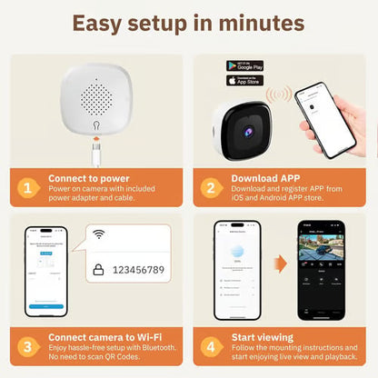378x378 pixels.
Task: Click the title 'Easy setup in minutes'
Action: tap(188, 24)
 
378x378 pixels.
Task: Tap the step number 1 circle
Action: tap(30, 188)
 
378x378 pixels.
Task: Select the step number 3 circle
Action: tap(30, 345)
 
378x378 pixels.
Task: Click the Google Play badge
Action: tap(244, 66)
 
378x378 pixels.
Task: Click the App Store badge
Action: tap(244, 80)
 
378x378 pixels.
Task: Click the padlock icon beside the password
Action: tap(98, 269)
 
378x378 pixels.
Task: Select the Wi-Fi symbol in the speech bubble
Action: tap(98, 234)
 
